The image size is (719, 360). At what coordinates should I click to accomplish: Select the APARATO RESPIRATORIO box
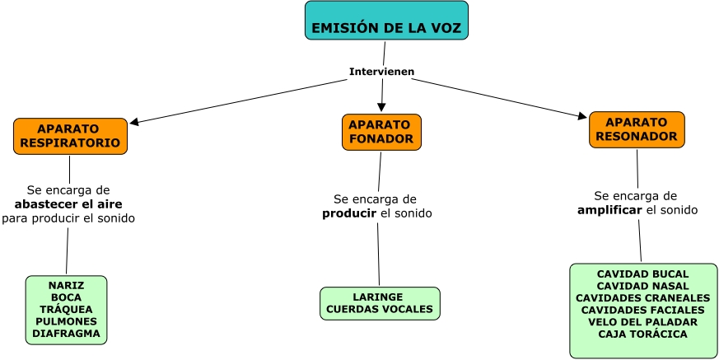tap(70, 136)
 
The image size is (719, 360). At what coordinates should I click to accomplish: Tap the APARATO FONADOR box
tap(381, 132)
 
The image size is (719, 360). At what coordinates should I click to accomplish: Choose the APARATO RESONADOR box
tap(636, 129)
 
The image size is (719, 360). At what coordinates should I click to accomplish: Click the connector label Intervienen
tap(381, 72)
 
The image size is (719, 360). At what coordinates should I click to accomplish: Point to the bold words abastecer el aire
tap(68, 204)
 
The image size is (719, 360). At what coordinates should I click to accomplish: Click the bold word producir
tap(349, 213)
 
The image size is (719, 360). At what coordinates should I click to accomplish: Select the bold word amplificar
tap(609, 210)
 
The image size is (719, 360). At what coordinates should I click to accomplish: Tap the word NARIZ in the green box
tap(67, 285)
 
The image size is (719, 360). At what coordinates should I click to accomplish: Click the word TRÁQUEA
tap(67, 309)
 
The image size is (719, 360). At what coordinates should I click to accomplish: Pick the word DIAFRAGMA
tap(67, 334)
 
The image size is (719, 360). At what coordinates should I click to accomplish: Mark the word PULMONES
tap(67, 321)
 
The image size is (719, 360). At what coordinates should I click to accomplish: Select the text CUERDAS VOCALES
tap(380, 309)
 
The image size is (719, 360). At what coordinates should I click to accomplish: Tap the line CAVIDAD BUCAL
tap(642, 274)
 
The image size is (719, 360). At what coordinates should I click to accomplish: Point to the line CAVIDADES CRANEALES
tap(642, 297)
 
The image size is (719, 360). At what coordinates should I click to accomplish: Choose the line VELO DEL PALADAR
tap(642, 322)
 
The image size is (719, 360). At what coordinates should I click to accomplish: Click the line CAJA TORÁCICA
tap(642, 334)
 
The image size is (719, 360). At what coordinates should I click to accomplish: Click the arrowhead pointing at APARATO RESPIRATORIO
tap(134, 123)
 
